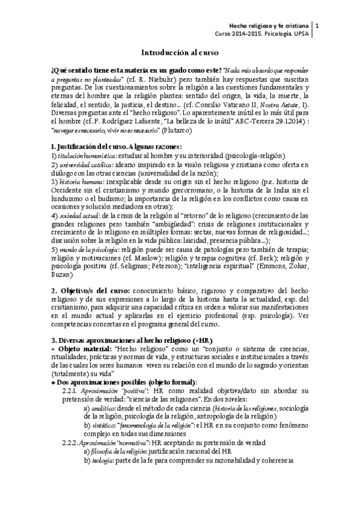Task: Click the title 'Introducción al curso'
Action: [x=179, y=52]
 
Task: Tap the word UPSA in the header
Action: [x=300, y=35]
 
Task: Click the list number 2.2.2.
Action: [x=72, y=441]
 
